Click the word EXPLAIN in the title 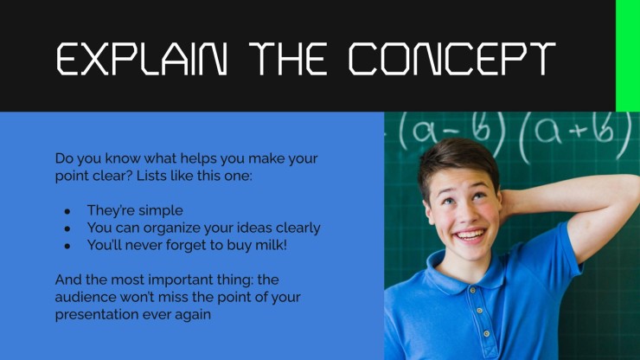pos(142,59)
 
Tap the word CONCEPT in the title pos(451,59)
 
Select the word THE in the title pos(288,59)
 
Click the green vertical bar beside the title pos(628,55)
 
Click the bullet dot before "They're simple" pos(67,211)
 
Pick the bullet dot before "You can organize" pos(67,228)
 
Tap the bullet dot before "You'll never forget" pos(67,246)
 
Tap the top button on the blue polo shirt pos(473,290)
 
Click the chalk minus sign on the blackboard pos(451,132)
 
